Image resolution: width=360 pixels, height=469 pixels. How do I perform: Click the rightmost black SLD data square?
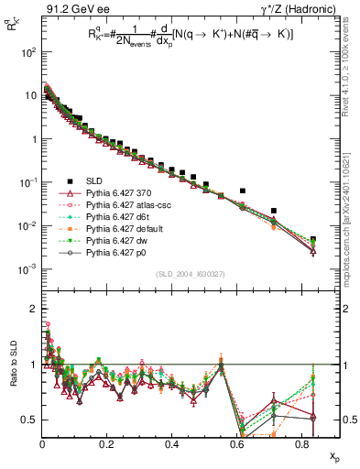(x=313, y=240)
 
